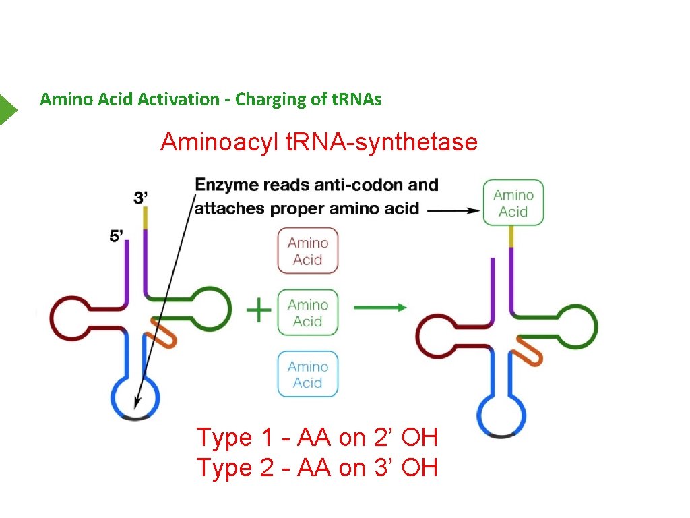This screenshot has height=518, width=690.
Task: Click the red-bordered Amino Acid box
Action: click(x=308, y=251)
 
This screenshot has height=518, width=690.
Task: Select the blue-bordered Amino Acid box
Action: click(x=308, y=374)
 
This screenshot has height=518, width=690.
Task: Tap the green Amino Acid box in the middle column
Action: click(x=308, y=313)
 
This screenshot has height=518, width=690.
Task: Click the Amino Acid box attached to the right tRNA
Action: click(x=513, y=203)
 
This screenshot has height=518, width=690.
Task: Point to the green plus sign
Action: click(x=259, y=311)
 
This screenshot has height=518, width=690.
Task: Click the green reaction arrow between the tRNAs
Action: click(x=380, y=308)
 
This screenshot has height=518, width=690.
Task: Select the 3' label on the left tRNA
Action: click(x=142, y=198)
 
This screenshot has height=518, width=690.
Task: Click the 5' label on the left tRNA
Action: click(x=117, y=237)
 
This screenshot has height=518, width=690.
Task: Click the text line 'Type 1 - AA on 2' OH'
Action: click(x=317, y=438)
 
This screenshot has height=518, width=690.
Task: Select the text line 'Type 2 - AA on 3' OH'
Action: click(x=317, y=467)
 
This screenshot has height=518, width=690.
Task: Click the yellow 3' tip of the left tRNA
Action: click(x=145, y=218)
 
